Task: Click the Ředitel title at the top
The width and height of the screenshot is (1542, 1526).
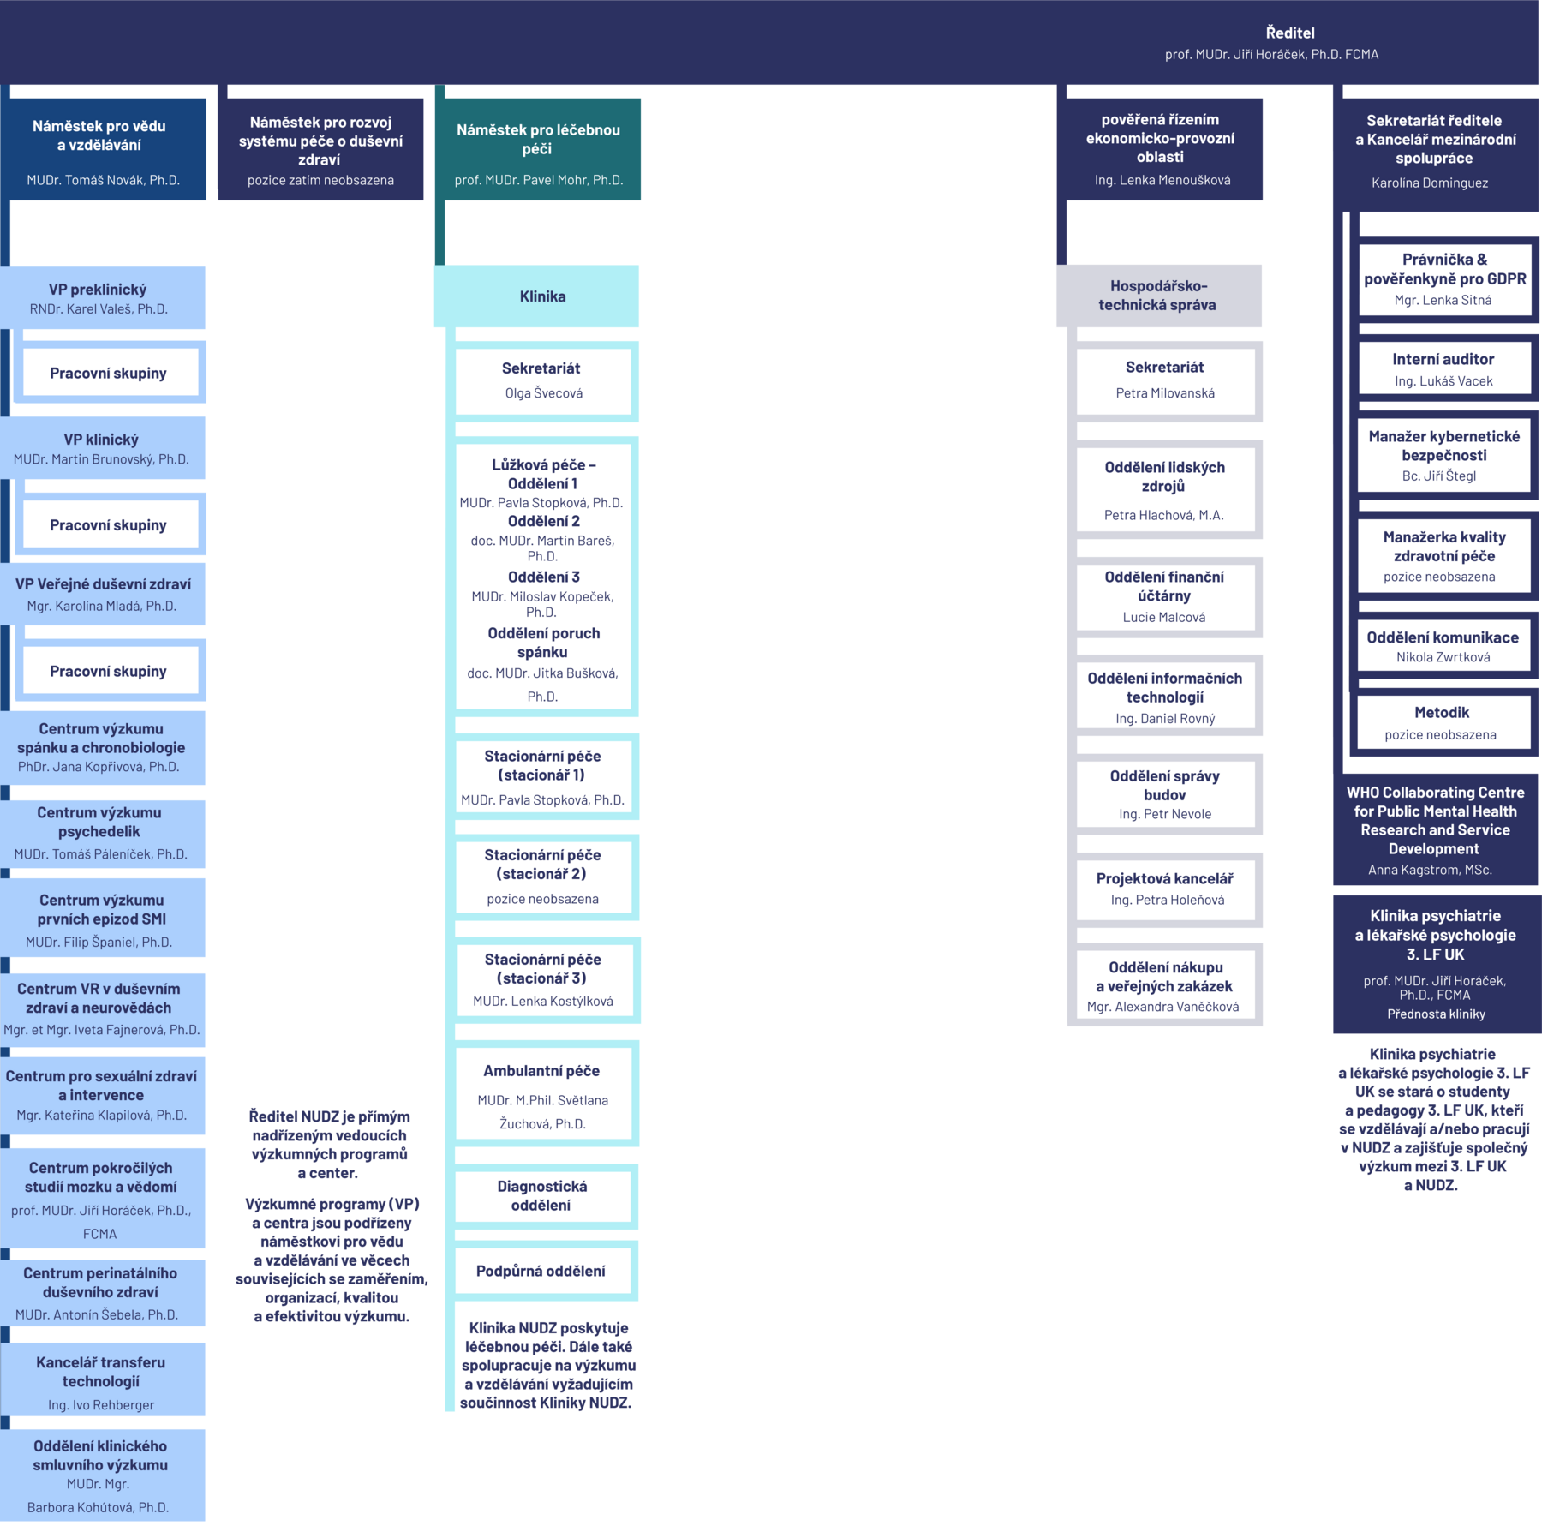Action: coord(1289,33)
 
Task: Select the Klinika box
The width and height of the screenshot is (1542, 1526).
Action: coord(541,296)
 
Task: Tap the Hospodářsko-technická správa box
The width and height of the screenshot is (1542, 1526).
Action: coord(1158,296)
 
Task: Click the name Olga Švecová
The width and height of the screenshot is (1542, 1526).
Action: coord(543,393)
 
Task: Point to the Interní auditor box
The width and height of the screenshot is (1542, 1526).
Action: coord(1443,369)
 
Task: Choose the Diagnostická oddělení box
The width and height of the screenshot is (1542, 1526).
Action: coord(541,1196)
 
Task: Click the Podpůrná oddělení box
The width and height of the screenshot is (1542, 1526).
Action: coord(541,1271)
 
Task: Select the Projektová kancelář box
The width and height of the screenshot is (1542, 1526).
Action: coord(1165,889)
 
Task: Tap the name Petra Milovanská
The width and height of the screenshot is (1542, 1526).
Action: coord(1165,393)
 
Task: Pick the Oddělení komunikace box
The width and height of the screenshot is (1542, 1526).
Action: coord(1443,646)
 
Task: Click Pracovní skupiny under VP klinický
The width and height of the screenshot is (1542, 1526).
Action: coord(109,525)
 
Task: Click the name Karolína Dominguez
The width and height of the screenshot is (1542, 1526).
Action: coord(1430,183)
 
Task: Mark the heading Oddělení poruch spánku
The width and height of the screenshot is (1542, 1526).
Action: coord(543,643)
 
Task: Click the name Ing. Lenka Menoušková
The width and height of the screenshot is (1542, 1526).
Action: coord(1162,180)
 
